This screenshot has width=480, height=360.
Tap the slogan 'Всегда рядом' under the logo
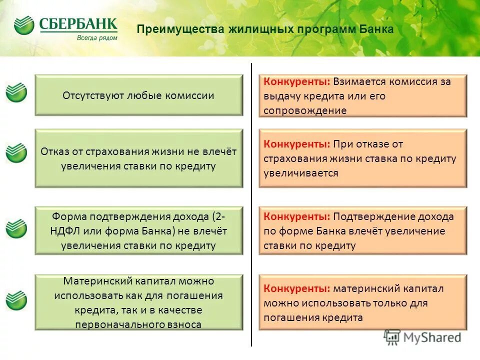(x=97, y=37)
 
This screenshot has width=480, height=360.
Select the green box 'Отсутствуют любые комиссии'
(x=138, y=95)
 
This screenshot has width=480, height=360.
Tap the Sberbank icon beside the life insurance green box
(x=16, y=152)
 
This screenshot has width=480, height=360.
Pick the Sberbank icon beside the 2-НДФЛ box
(x=16, y=228)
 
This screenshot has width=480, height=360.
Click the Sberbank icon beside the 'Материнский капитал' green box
(x=16, y=299)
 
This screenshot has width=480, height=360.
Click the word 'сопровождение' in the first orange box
(x=305, y=110)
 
